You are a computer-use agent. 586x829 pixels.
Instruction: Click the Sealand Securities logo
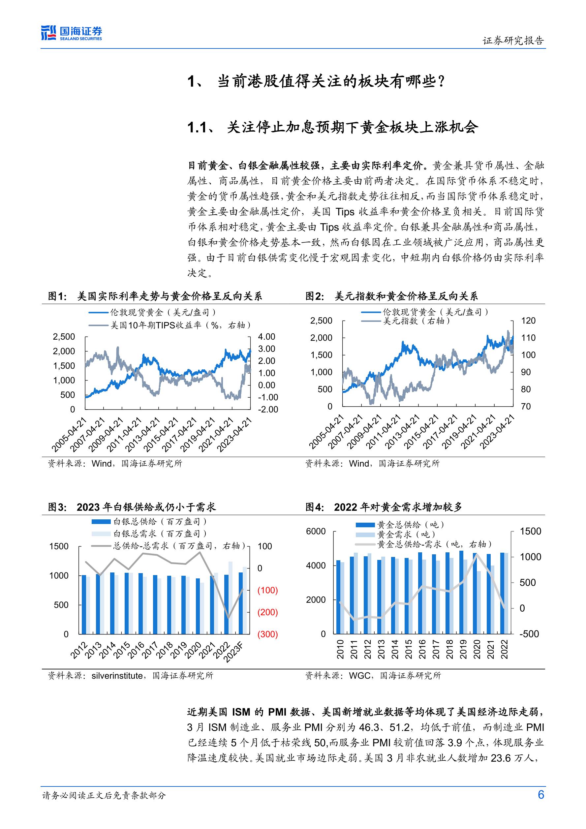[72, 33]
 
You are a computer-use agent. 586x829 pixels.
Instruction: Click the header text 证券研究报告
[513, 41]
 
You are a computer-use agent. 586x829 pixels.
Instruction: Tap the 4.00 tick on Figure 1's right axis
[266, 336]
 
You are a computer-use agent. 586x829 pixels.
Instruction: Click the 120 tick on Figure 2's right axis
[528, 321]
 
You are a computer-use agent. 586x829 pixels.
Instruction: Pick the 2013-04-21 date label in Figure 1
[142, 435]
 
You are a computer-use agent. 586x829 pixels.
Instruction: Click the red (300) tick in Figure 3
[267, 634]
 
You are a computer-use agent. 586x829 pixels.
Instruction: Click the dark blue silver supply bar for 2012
[84, 604]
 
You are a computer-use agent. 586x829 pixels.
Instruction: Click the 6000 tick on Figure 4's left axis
[316, 531]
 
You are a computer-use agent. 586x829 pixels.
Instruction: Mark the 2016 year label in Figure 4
[422, 649]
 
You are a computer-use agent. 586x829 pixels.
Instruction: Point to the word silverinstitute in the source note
[117, 675]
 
